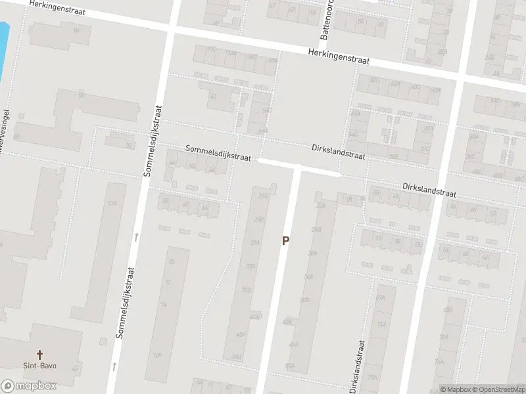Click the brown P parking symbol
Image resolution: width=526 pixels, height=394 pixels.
pyautogui.click(x=285, y=241)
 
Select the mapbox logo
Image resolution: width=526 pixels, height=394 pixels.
pyautogui.click(x=29, y=386)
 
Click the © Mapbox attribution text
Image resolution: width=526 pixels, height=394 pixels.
pyautogui.click(x=456, y=389)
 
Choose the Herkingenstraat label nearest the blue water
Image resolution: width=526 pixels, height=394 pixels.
pyautogui.click(x=61, y=9)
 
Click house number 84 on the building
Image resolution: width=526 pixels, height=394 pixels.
pyautogui.click(x=77, y=31)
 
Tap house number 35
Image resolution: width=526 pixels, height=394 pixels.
pyautogui.click(x=129, y=145)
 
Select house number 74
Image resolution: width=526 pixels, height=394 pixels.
pyautogui.click(x=164, y=305)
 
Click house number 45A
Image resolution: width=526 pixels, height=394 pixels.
pyautogui.click(x=240, y=334)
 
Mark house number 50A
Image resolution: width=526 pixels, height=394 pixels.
pyautogui.click(x=289, y=365)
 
